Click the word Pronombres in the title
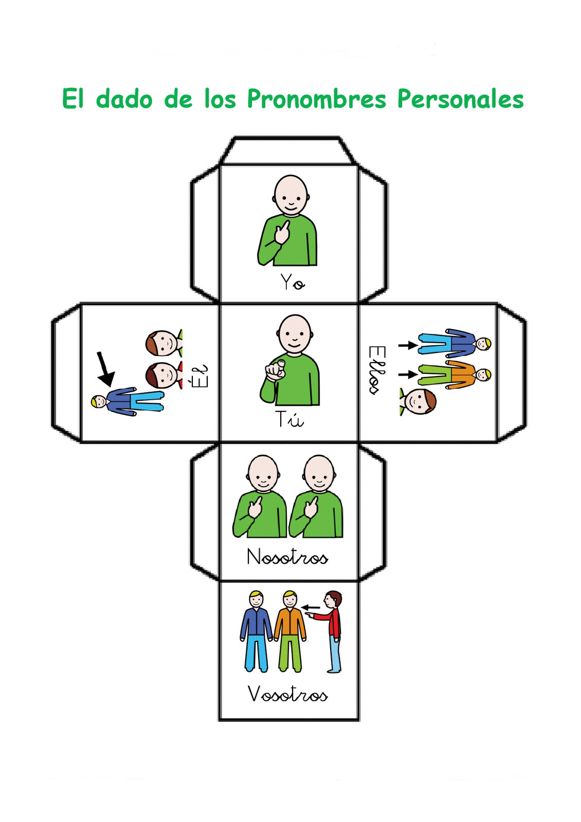316,99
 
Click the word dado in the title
124,99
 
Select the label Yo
292,282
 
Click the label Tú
289,419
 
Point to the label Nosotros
287,557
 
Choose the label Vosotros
287,694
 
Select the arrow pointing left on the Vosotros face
311,608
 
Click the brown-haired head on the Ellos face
419,401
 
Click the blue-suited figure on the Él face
129,401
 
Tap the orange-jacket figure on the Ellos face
452,374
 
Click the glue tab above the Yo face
288,151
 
